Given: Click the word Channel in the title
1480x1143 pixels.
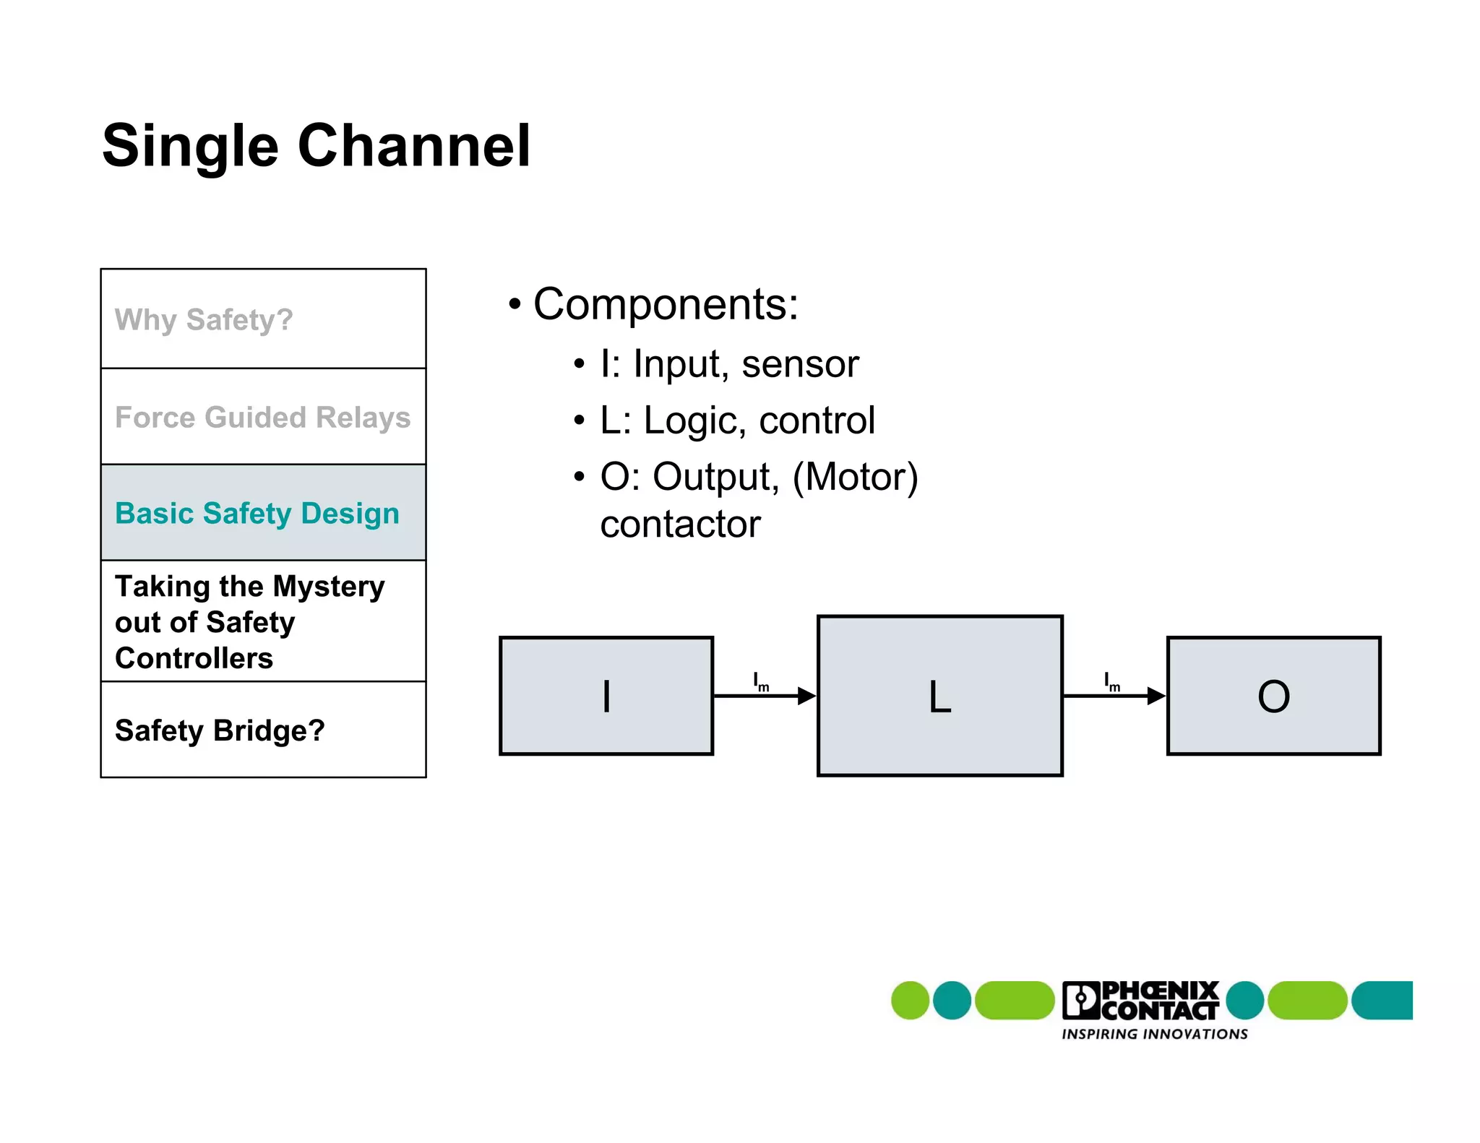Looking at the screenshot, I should (x=414, y=146).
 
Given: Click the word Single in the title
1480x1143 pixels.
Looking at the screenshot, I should (x=190, y=146).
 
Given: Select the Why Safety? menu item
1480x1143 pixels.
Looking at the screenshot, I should (x=204, y=319).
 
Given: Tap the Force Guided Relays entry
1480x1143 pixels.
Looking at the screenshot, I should (x=262, y=418).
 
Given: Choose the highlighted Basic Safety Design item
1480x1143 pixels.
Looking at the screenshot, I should (x=257, y=514).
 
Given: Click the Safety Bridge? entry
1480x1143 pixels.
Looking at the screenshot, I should (x=220, y=730).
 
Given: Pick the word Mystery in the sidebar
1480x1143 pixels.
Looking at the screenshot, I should (x=329, y=586).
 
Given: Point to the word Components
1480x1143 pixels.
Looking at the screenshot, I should (x=665, y=304).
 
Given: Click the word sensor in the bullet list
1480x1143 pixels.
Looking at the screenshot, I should (x=800, y=363).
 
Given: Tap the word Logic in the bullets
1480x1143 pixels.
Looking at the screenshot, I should (x=694, y=420).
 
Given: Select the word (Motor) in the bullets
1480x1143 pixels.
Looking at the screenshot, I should (x=855, y=478).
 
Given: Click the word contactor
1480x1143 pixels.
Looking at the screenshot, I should (x=680, y=524).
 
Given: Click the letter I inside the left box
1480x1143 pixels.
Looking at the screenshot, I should (x=606, y=696).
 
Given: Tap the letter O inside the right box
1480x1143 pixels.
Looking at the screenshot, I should (x=1273, y=696).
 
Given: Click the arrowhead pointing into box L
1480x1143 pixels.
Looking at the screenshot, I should (x=806, y=696).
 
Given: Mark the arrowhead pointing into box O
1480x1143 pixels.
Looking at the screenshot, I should (x=1156, y=696).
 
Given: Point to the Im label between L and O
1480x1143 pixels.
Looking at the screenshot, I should (x=1111, y=681).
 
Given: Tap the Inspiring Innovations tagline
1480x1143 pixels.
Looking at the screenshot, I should (x=1154, y=1034).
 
